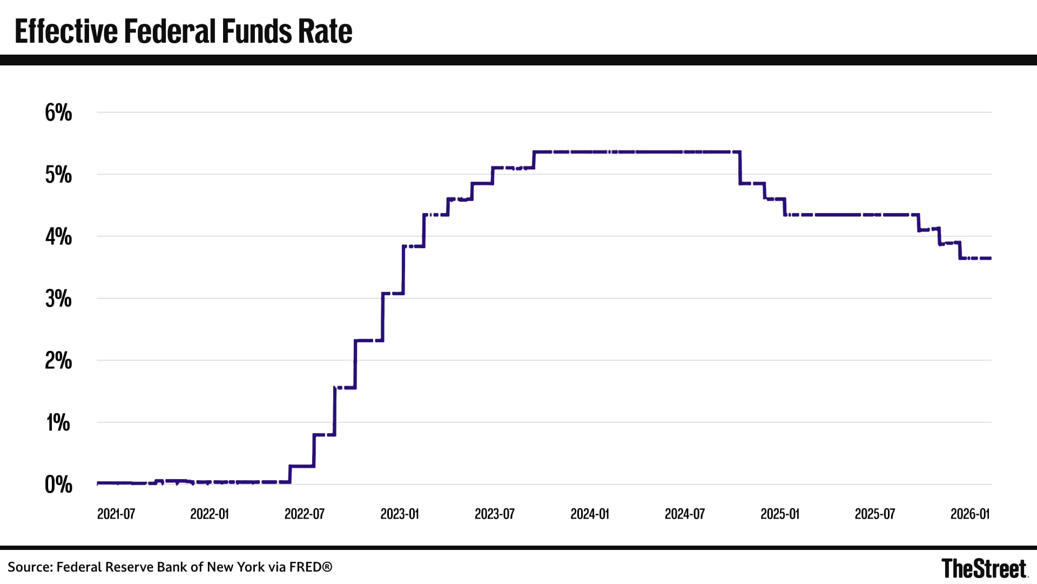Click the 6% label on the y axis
pos(58,113)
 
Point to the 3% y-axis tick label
pos(58,299)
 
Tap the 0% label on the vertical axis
pos(58,485)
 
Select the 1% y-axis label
pos(58,423)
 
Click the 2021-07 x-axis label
pos(116,514)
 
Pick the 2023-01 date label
pos(400,514)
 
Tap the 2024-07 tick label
pos(685,514)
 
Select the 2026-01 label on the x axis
pos(970,514)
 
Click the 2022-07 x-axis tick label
pos(305,514)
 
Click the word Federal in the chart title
pos(171,31)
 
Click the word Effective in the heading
pos(66,31)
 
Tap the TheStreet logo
pos(984,568)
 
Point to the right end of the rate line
pos(990,258)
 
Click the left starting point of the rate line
pos(98,482)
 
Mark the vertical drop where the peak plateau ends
pos(740,168)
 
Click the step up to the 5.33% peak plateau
pos(534,160)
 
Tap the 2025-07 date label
pos(875,514)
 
